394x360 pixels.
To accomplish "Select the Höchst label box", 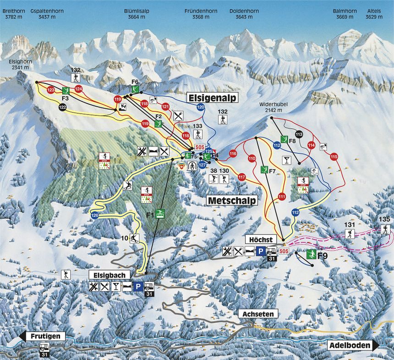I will [261, 240].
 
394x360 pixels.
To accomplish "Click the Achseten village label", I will [258, 314].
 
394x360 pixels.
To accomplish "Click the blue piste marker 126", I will [95, 215].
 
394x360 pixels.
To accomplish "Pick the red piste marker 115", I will [333, 157].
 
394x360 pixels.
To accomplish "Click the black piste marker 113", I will [299, 134].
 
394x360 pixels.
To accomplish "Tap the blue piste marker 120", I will [200, 107].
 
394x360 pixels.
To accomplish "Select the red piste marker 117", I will [242, 177].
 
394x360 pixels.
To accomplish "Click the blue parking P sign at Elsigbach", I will [138, 287].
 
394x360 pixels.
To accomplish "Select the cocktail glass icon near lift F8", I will [286, 160].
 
